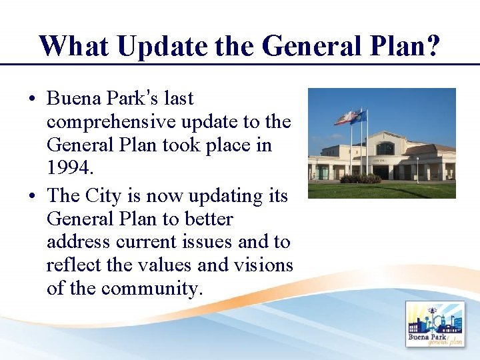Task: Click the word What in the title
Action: pyautogui.click(x=72, y=46)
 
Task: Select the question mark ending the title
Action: pyautogui.click(x=431, y=46)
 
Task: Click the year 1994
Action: pyautogui.click(x=69, y=168)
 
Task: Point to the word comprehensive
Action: pyautogui.click(x=111, y=123)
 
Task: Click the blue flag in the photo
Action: pyautogui.click(x=359, y=117)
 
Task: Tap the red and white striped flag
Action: pyautogui.click(x=345, y=118)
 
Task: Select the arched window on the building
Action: pyautogui.click(x=385, y=149)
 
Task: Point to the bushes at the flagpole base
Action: pyautogui.click(x=361, y=179)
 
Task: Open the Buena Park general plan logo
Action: pyautogui.click(x=435, y=325)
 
